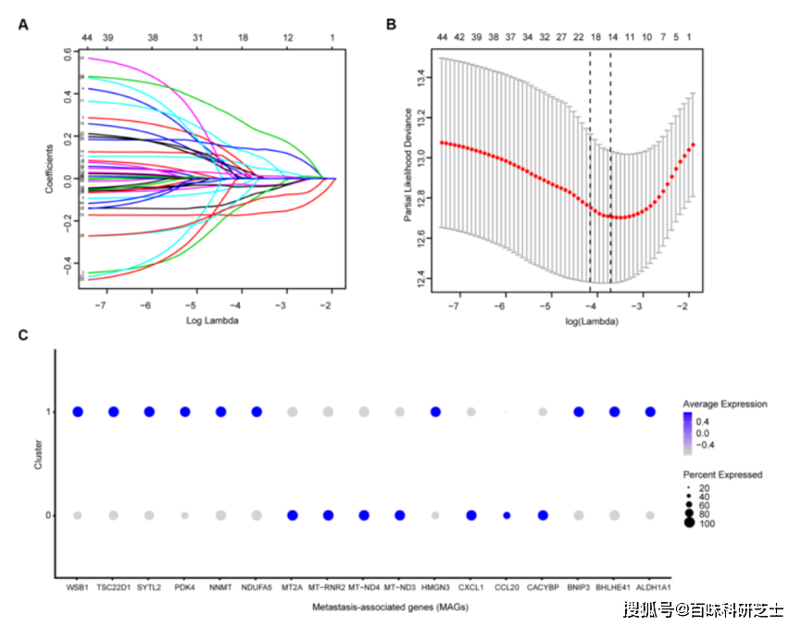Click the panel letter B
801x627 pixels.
pos(392,25)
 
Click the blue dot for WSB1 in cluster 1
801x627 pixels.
pos(78,412)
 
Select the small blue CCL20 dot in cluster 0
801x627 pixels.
pos(507,515)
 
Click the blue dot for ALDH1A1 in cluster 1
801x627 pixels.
pos(650,412)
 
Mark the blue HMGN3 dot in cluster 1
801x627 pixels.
pos(435,412)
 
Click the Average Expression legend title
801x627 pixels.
pos(724,405)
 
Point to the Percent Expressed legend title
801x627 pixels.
pos(722,474)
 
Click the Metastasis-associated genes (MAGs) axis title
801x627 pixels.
pos(363,607)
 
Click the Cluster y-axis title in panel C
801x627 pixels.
pos(38,460)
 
